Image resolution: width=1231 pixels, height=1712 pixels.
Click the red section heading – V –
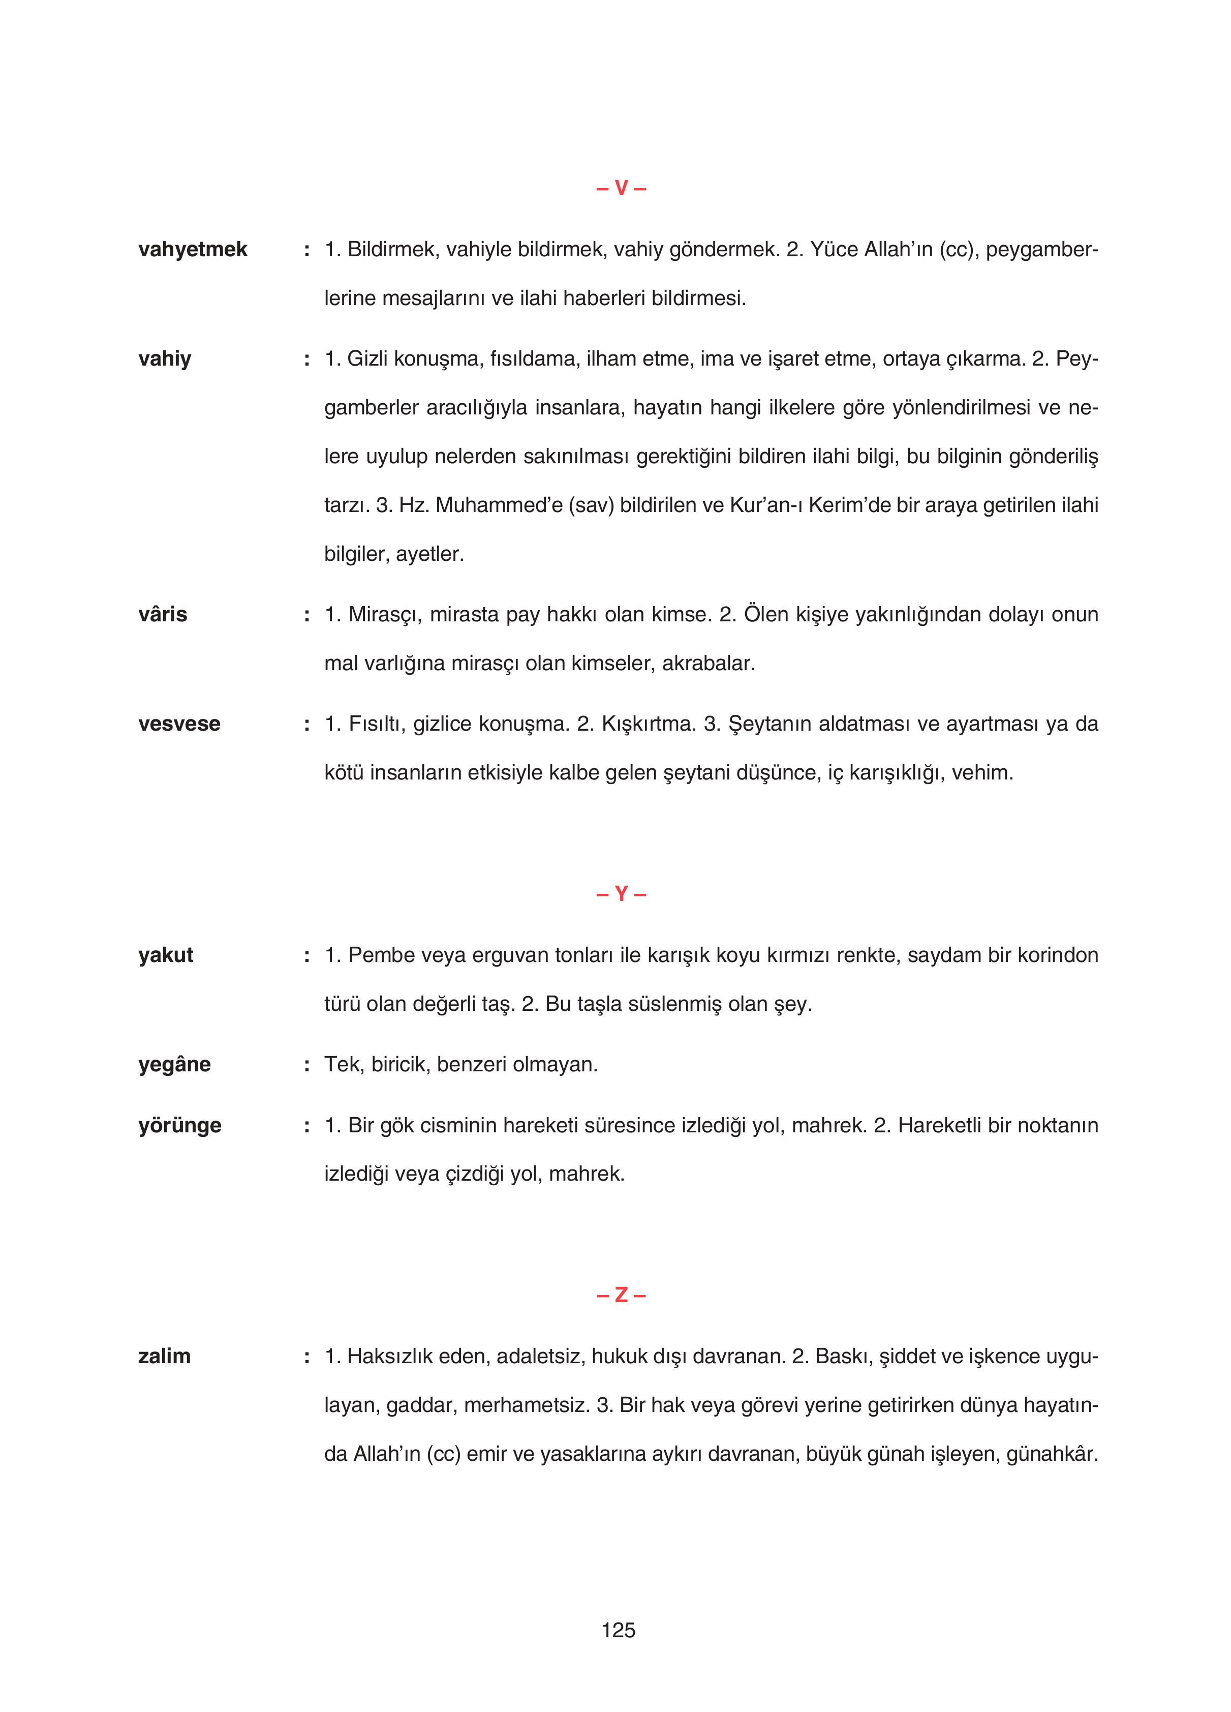pos(621,189)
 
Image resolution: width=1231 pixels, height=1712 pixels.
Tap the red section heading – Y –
pos(621,894)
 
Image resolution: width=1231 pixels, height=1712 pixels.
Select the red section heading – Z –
pos(621,1296)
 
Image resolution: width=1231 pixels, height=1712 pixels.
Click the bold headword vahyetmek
pos(193,250)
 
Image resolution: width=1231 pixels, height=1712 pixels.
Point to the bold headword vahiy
pos(165,359)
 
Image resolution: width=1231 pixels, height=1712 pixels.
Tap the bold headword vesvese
pos(179,724)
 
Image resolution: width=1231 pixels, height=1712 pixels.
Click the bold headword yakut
pos(165,955)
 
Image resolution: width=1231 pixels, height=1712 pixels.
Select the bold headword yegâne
pos(174,1065)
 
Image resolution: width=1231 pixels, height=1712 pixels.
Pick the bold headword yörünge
pos(179,1126)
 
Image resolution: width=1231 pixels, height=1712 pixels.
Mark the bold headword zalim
pos(164,1357)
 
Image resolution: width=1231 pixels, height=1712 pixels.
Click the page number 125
pos(618,1631)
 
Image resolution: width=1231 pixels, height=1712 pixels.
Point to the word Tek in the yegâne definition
pos(340,1065)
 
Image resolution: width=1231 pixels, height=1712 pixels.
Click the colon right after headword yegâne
pos(306,1066)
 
